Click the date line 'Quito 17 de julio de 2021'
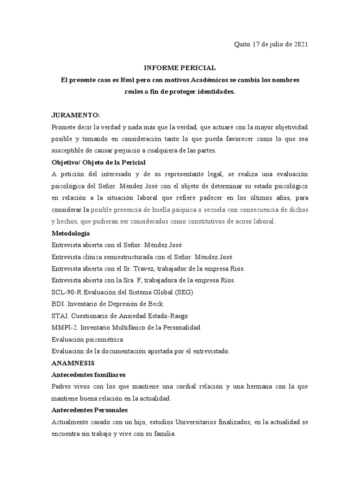[x=271, y=45]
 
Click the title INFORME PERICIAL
[x=180, y=68]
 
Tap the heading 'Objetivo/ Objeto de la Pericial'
[x=98, y=162]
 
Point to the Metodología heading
[x=70, y=233]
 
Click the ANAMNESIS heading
[x=73, y=363]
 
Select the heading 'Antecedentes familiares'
[x=89, y=375]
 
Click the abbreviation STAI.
[x=59, y=315]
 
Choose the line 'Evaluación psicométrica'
[x=87, y=339]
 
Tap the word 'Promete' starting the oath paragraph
[x=63, y=127]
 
